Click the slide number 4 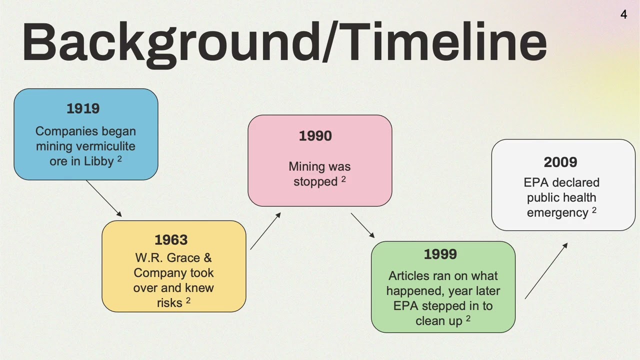coord(623,14)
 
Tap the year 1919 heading coord(83,108)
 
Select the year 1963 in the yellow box coord(171,239)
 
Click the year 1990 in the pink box coord(315,135)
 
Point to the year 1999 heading coord(440,254)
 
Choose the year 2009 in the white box coord(560,162)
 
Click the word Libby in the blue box coord(99,161)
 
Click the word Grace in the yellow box coord(183,257)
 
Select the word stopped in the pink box coord(315,182)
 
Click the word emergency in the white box coord(557,213)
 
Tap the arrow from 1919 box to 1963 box coord(104,198)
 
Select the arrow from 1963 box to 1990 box coord(265,231)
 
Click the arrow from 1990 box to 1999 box coord(362,225)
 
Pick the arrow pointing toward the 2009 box coord(546,271)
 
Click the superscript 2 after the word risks coord(188,300)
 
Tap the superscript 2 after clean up coord(468,318)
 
